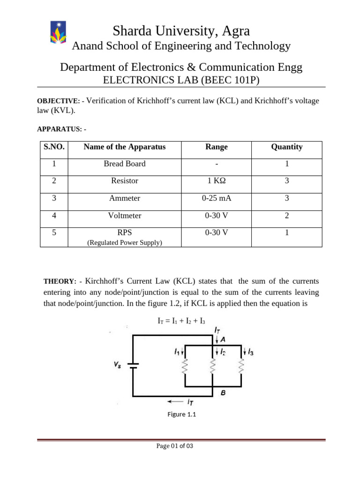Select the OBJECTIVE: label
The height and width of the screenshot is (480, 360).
click(x=58, y=101)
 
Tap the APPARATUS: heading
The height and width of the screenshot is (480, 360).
click(x=61, y=128)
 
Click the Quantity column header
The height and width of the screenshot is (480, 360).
click(x=286, y=147)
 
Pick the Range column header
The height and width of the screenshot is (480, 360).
click(x=217, y=147)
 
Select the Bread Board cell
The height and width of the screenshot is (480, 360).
click(x=125, y=164)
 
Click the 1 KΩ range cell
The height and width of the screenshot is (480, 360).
click(x=217, y=180)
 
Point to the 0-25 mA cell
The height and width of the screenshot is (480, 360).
click(x=217, y=198)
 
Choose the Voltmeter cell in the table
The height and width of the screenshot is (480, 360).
click(x=125, y=216)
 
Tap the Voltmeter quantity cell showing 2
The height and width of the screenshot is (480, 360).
click(x=286, y=216)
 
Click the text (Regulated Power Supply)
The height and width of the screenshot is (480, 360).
click(x=125, y=242)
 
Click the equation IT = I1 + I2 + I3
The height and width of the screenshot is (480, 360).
click(x=181, y=321)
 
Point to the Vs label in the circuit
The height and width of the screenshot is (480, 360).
click(x=118, y=365)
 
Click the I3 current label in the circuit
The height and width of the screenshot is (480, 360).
click(x=250, y=352)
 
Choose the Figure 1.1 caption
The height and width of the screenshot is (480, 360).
click(x=180, y=414)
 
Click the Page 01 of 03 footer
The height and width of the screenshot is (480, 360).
click(x=174, y=446)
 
